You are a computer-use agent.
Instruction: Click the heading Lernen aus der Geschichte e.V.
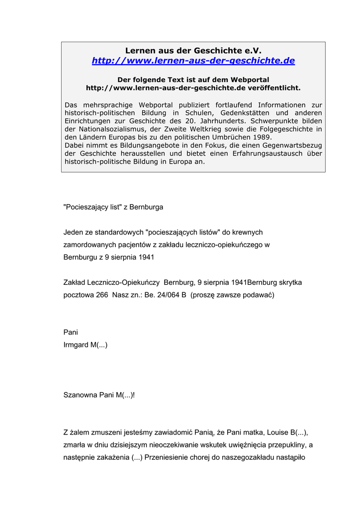193,50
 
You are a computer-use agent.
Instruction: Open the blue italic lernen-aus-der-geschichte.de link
193,61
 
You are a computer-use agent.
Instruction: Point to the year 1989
262,137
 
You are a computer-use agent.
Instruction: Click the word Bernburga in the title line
146,207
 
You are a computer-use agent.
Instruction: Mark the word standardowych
119,232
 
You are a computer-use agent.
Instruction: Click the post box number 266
102,295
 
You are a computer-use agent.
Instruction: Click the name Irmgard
76,344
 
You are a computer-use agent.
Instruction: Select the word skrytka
288,282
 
